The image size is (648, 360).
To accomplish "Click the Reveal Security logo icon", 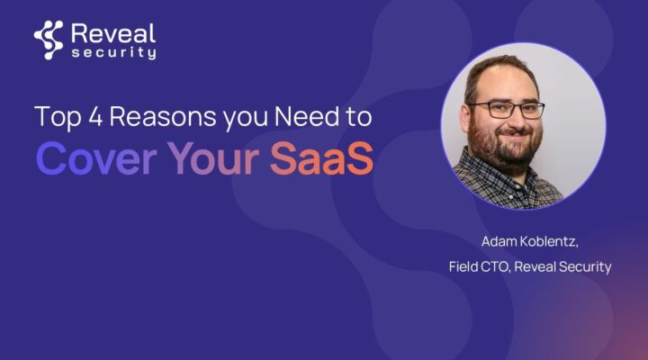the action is point(49,40).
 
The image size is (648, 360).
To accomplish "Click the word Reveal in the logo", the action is point(113,33).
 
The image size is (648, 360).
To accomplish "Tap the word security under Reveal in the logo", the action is point(114,53).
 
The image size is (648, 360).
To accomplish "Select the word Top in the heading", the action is point(58,117).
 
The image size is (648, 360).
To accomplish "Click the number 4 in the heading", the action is point(95,116).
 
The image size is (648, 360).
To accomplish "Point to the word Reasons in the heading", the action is point(163,117).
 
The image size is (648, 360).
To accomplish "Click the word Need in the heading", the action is point(307,116).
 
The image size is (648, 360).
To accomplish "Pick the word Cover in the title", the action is point(96,158).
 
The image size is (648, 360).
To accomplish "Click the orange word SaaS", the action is point(321,158).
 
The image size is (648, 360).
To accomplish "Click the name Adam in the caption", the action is point(497,241).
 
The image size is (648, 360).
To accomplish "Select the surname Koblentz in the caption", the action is point(547,241).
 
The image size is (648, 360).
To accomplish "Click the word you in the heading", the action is point(246,119).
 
